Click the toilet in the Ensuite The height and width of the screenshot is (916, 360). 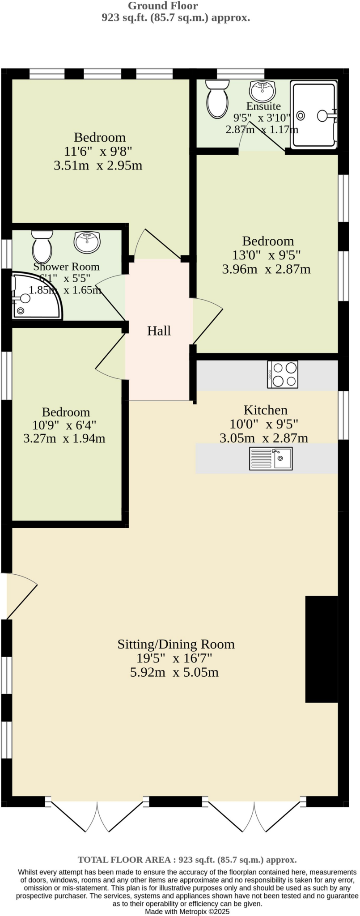tap(217, 99)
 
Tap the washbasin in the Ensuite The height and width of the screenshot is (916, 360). tap(263, 91)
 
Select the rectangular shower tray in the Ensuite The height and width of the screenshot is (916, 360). tap(314, 114)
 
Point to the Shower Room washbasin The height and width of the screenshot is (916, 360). tap(87, 242)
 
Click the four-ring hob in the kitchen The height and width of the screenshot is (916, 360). tap(283, 374)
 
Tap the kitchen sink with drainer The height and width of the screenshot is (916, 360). tap(271, 458)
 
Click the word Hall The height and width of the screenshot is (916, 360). tap(159, 331)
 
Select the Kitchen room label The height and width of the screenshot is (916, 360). tap(265, 410)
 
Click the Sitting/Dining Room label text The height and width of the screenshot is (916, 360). tap(176, 644)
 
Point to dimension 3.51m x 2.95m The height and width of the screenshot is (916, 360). tap(98, 166)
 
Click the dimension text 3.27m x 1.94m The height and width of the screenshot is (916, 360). tap(64, 438)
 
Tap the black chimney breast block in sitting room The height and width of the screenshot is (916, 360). tap(321, 649)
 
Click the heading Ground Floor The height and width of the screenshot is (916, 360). tap(163, 6)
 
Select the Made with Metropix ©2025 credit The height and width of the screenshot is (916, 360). tap(187, 911)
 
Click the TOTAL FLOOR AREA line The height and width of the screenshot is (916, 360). tap(187, 860)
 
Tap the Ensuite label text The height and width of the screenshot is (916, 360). tap(263, 106)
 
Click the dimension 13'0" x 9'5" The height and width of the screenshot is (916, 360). tap(266, 255)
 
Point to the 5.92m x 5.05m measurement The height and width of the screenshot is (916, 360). tap(174, 673)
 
